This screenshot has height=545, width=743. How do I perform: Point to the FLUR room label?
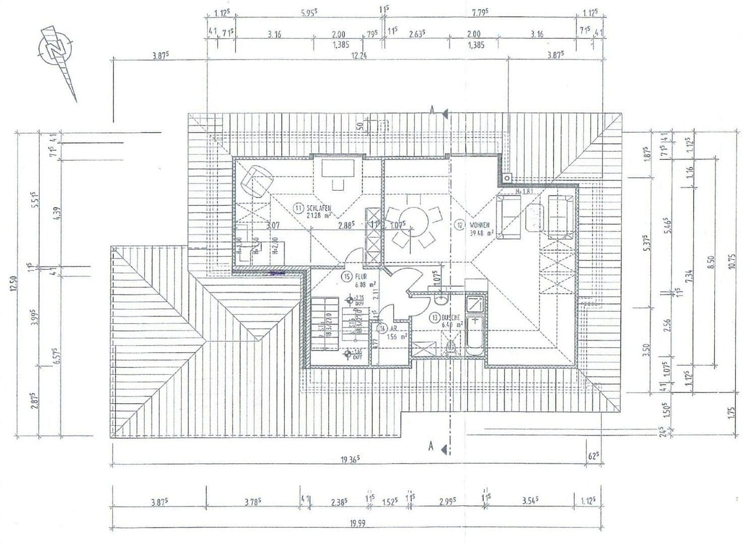coord(360,277)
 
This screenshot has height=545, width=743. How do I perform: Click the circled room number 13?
coord(435,318)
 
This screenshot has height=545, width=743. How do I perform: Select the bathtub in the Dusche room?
coord(475,335)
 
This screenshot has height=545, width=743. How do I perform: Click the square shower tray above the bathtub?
coord(475,304)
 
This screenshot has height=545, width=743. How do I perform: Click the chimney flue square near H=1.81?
coord(507,178)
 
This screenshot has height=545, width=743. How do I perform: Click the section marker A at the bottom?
coord(431,446)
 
